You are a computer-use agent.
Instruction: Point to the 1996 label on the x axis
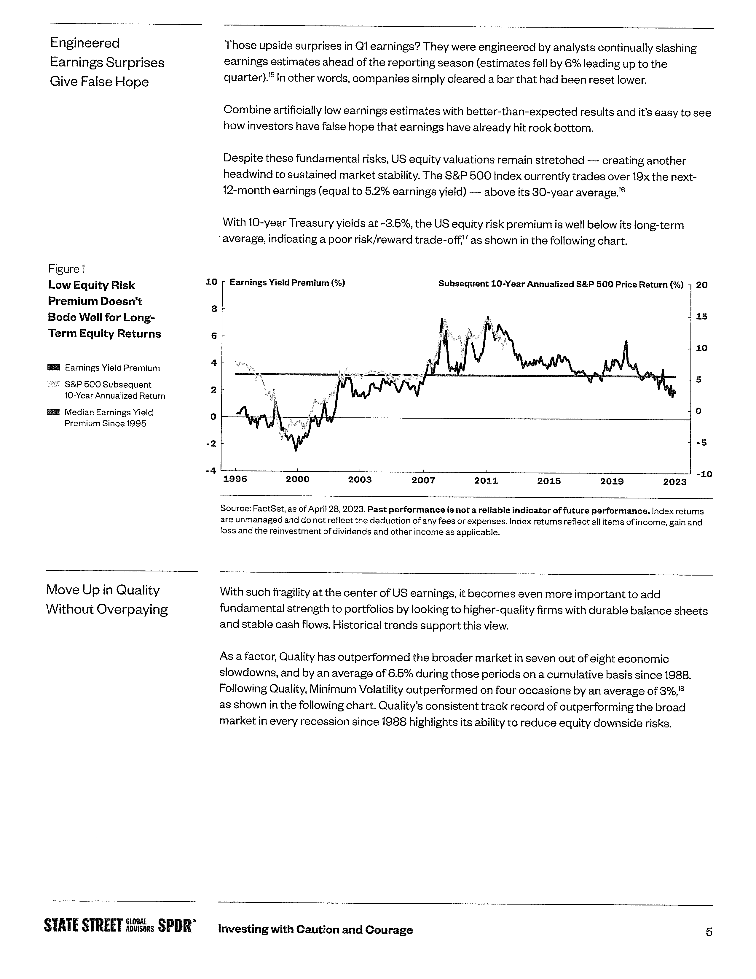tap(235, 479)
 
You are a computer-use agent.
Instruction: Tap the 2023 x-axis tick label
tap(674, 481)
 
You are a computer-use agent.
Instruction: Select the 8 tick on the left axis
tap(214, 309)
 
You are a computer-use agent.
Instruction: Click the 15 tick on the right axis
tap(702, 317)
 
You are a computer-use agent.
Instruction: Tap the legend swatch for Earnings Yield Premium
tap(53, 368)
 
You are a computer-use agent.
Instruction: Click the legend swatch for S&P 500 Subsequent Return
tap(53, 384)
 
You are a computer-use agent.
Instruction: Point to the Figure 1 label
tap(67, 269)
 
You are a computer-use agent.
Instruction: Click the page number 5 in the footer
tap(709, 932)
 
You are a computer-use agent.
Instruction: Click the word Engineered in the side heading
tap(85, 43)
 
